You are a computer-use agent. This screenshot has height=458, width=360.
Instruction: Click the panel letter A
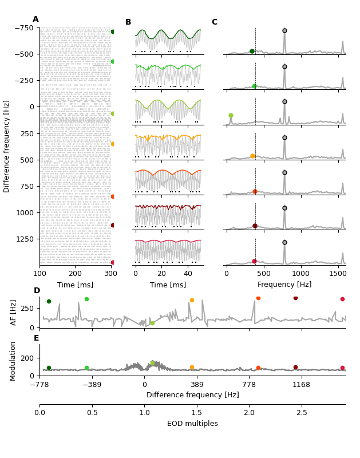click(x=35, y=19)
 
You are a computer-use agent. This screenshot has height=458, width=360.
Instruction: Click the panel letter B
click(x=128, y=22)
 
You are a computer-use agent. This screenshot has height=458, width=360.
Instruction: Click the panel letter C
click(x=215, y=22)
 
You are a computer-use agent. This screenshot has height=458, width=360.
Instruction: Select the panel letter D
click(x=37, y=291)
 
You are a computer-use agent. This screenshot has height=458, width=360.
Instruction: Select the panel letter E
click(x=37, y=338)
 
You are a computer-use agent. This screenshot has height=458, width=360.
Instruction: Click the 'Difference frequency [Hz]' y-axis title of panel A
click(x=7, y=146)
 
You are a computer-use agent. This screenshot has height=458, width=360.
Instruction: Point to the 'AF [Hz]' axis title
click(x=14, y=313)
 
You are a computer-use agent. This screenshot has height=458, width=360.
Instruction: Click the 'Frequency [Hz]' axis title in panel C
click(x=284, y=285)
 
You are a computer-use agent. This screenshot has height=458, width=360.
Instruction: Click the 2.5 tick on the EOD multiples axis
click(x=302, y=413)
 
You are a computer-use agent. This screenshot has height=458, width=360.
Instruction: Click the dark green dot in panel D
click(x=49, y=301)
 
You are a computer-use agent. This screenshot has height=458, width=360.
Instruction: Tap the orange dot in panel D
click(x=192, y=300)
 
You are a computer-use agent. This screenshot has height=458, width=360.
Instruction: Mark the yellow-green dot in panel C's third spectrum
click(x=231, y=116)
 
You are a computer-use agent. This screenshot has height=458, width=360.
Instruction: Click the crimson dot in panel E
click(x=342, y=368)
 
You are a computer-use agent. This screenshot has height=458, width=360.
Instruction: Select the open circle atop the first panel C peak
click(x=284, y=31)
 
